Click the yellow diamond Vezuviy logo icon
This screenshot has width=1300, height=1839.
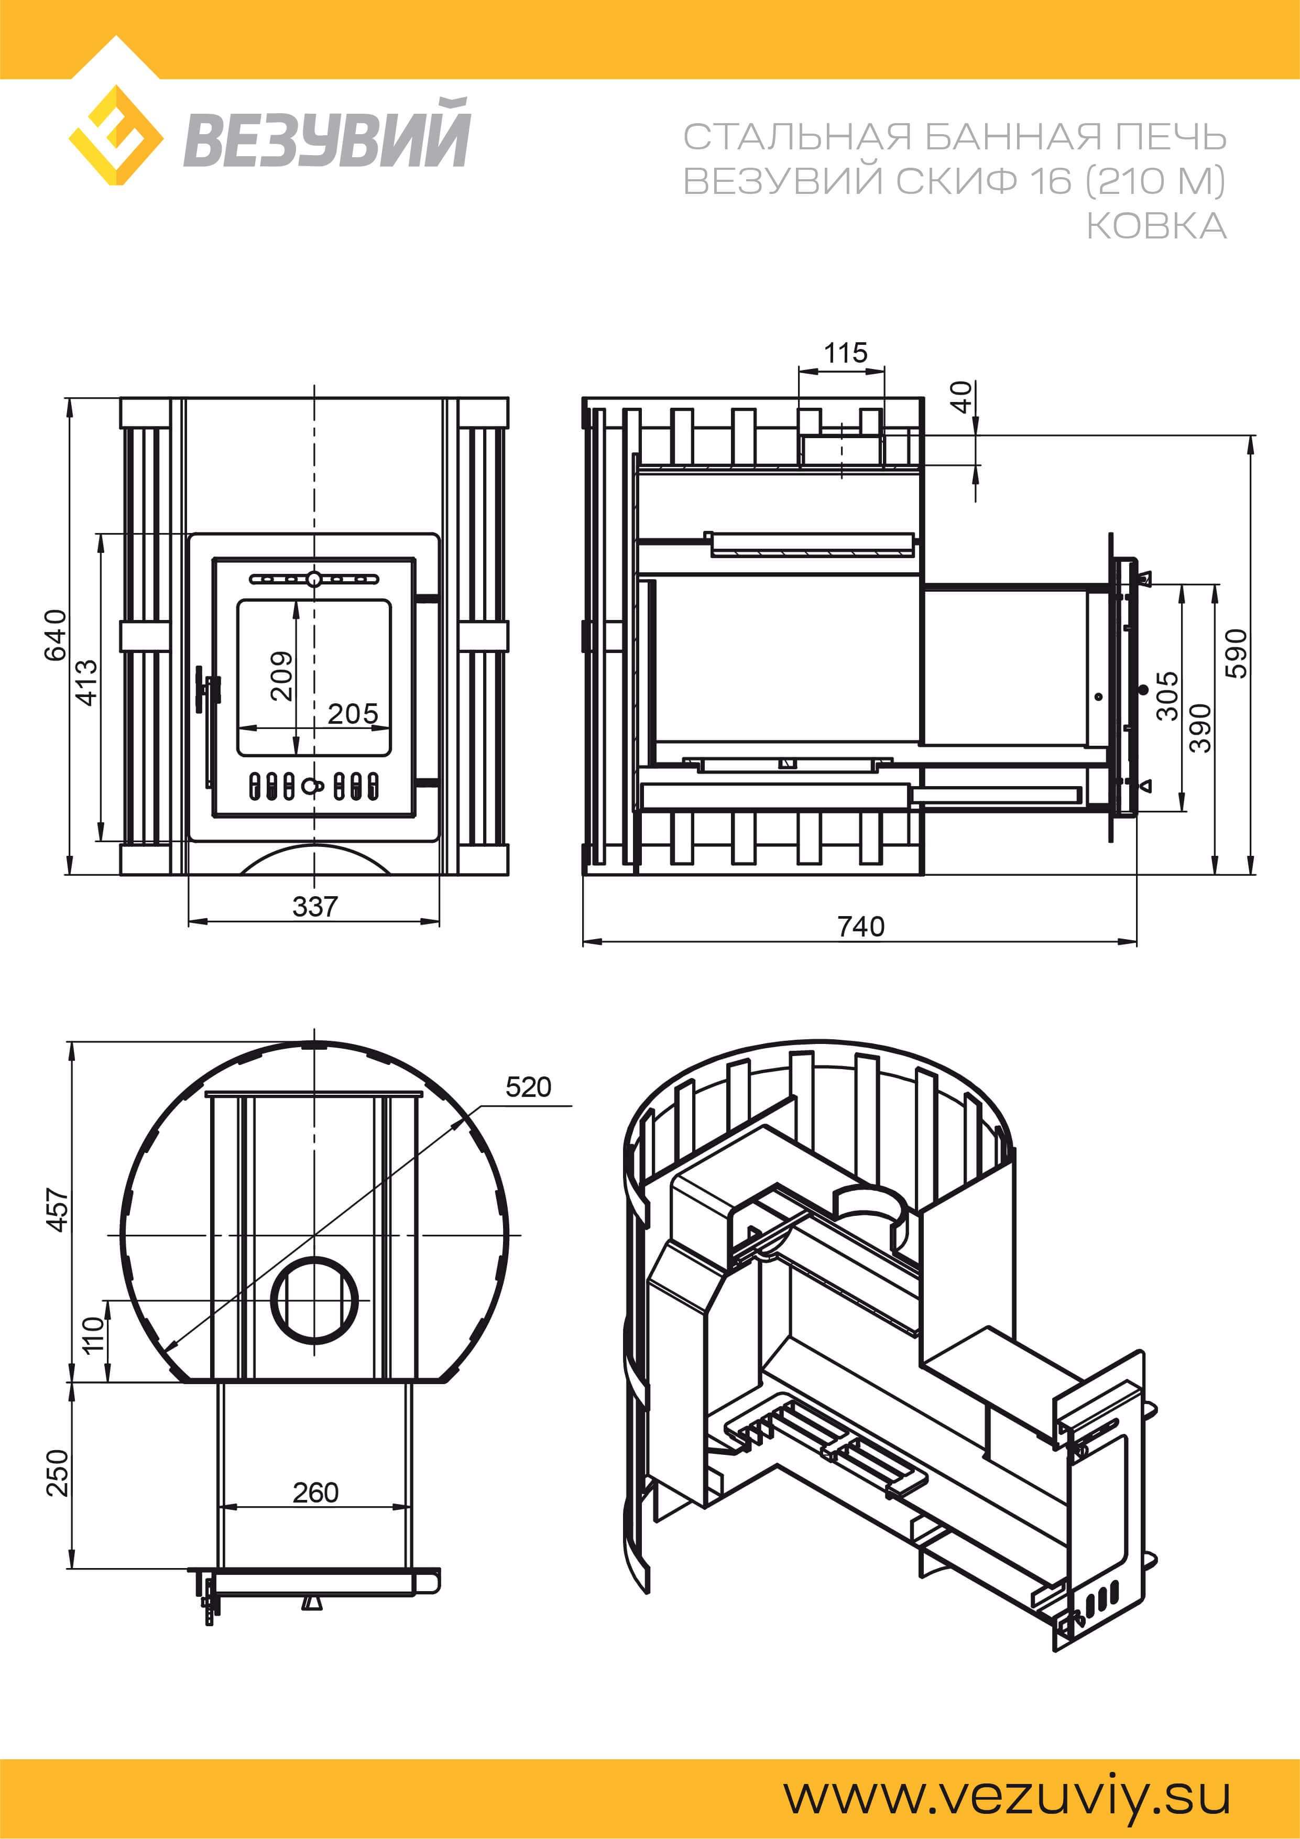click(116, 135)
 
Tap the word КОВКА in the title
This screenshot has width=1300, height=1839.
click(1156, 226)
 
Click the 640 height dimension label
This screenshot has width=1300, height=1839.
click(55, 635)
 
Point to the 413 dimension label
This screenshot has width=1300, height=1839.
click(86, 682)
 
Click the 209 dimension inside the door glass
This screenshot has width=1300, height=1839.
click(281, 676)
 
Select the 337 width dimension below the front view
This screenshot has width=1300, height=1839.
click(315, 907)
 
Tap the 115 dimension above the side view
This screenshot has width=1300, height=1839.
click(846, 352)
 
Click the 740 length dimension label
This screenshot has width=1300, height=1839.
click(861, 927)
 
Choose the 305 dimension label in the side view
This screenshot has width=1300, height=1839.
click(1167, 696)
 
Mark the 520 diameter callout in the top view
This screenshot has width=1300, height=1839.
click(529, 1087)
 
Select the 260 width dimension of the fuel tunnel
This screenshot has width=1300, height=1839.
click(315, 1492)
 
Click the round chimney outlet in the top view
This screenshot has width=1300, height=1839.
click(315, 1299)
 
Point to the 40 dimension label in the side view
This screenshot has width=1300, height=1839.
click(960, 397)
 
